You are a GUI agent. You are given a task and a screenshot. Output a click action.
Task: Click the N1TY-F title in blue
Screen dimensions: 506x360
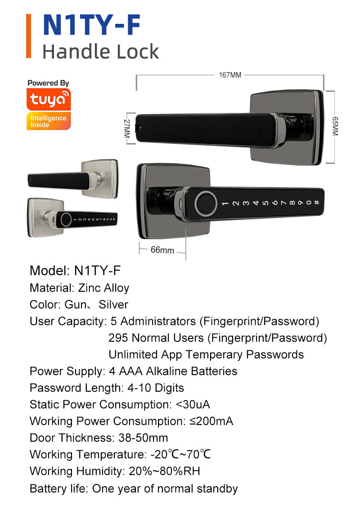tap(91, 26)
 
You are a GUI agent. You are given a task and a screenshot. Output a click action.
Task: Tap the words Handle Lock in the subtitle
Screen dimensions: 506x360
tap(100, 52)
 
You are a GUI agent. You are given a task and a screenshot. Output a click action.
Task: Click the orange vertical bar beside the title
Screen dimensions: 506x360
tap(29, 36)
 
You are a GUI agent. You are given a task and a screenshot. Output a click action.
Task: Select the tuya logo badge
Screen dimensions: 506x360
tap(49, 99)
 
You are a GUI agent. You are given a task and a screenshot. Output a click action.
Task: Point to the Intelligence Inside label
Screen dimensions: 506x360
tap(49, 121)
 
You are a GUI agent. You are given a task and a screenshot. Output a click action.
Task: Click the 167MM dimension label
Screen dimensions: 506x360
tap(230, 75)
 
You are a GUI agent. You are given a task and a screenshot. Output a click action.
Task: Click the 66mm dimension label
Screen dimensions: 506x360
tap(162, 250)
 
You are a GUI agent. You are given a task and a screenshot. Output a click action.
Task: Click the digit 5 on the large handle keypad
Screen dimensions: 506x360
tap(265, 203)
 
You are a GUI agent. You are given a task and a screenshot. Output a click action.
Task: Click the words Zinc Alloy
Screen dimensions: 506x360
tap(103, 288)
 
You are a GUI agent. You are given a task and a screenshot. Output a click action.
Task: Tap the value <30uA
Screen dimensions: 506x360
tap(193, 404)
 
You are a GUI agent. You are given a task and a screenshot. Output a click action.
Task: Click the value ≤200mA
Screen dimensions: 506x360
tap(210, 421)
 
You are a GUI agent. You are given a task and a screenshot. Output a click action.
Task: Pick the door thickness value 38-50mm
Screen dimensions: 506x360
tap(143, 438)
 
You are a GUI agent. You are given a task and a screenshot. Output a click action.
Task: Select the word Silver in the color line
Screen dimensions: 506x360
tap(113, 305)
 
